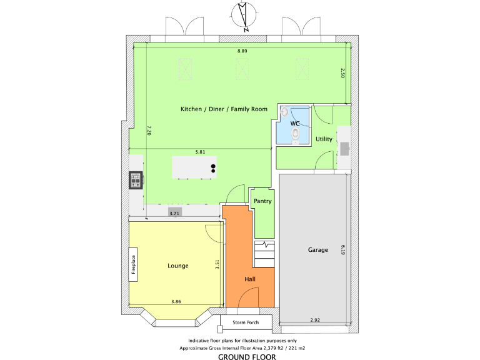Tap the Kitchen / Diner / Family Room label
click(x=224, y=109)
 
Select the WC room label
click(x=295, y=124)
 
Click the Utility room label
click(x=324, y=139)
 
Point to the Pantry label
click(x=262, y=201)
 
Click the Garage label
click(x=317, y=250)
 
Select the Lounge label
click(x=177, y=266)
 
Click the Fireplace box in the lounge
click(x=133, y=264)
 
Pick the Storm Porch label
click(x=246, y=322)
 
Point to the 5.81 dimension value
click(x=200, y=152)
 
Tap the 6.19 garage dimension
click(x=343, y=250)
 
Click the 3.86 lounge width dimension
click(x=176, y=302)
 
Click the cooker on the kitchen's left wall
click(x=136, y=180)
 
